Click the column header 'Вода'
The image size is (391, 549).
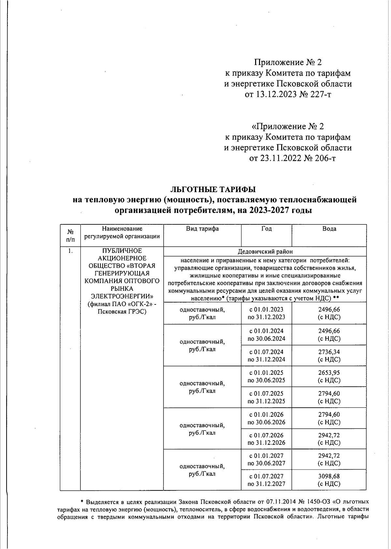[x=329, y=229]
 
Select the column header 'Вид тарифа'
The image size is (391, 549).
[x=202, y=229]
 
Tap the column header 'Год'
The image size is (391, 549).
[x=266, y=229]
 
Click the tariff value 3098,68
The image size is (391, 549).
[x=329, y=476]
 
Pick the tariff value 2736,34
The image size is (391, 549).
[x=329, y=352]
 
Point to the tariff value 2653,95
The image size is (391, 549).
[x=329, y=373]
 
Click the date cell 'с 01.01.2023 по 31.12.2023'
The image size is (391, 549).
[x=266, y=313]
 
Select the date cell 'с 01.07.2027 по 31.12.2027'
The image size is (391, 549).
[x=266, y=480]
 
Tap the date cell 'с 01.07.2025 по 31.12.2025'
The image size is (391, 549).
[x=266, y=397]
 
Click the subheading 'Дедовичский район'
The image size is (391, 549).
[x=265, y=252]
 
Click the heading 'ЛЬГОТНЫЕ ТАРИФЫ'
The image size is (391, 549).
[x=213, y=189]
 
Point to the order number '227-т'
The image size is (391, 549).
[x=319, y=94]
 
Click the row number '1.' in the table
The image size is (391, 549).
[x=70, y=251]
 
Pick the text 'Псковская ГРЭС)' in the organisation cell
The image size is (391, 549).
[x=122, y=312]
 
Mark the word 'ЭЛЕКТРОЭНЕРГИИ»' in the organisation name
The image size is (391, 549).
[x=122, y=296]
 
